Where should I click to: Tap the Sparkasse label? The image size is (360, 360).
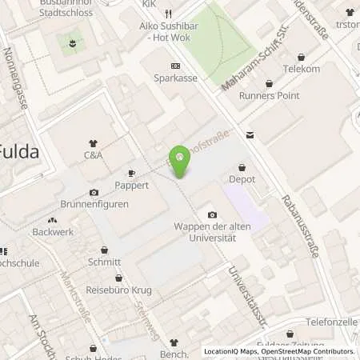tap(175, 78)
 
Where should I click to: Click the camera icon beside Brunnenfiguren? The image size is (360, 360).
tap(94, 193)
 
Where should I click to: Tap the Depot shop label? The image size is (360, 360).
tap(242, 179)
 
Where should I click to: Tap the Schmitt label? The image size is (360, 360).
tap(105, 262)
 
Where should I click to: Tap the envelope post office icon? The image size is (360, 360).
tap(250, 136)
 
